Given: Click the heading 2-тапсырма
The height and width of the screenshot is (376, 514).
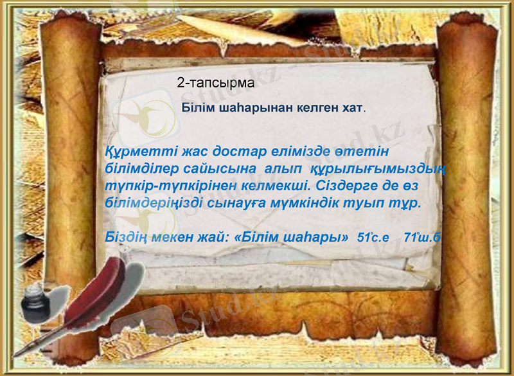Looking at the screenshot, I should (x=216, y=83).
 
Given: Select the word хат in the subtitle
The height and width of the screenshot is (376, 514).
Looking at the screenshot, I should (x=352, y=107).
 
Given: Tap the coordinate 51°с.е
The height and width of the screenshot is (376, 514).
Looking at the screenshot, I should (x=374, y=237).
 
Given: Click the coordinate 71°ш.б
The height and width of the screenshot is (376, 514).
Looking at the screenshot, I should (x=421, y=237).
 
